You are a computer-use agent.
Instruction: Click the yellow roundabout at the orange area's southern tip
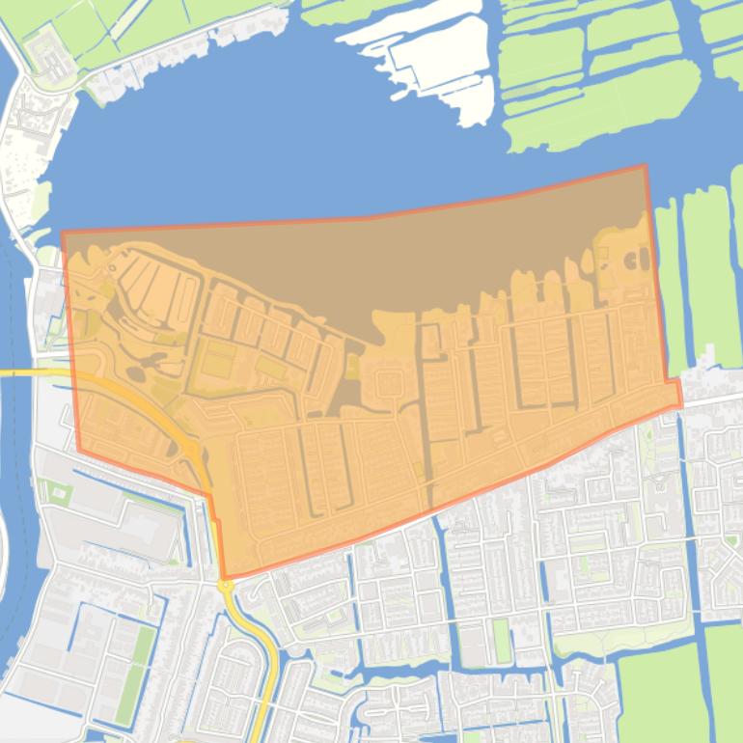[x=226, y=585]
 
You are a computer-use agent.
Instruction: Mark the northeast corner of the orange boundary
[x=645, y=167]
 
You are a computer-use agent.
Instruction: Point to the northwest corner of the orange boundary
[x=63, y=233]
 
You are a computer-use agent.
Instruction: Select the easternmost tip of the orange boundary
[x=681, y=402]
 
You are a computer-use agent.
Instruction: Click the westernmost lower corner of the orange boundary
[x=79, y=451]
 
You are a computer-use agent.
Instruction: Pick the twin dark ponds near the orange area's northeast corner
[x=637, y=259]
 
